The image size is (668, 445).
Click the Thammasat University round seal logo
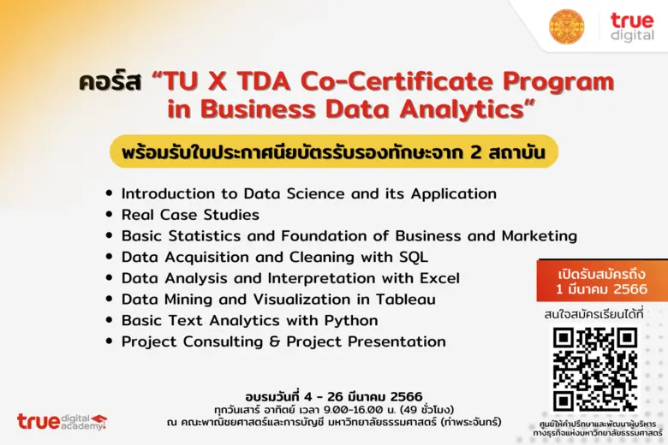click(566, 27)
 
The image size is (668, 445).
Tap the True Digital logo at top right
click(632, 27)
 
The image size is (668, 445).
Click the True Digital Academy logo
click(62, 420)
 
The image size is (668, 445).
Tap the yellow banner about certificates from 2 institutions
click(334, 151)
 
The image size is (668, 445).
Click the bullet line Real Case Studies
click(190, 215)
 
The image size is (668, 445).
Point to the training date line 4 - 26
click(334, 396)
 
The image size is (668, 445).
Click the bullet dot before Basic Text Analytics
click(108, 321)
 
